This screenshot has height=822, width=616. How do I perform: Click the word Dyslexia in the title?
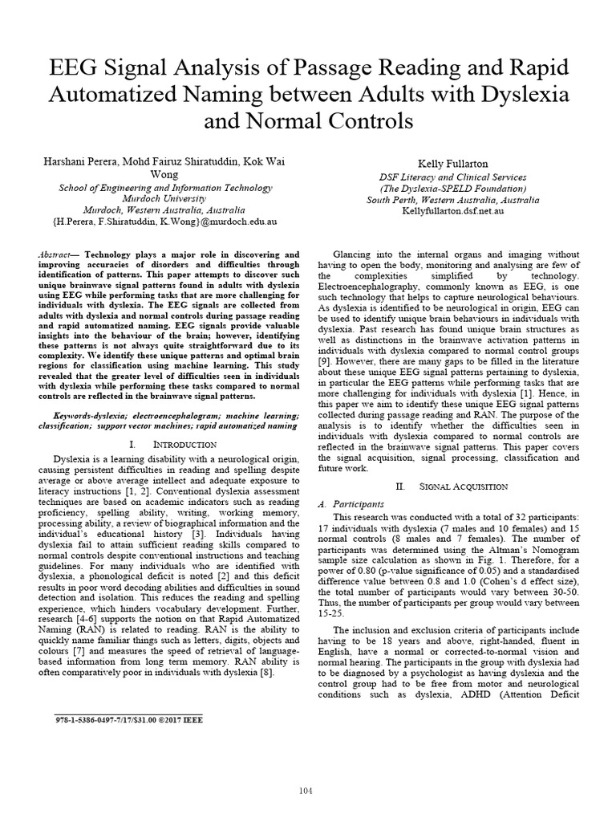(x=521, y=94)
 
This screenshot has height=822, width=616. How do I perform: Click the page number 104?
(x=306, y=769)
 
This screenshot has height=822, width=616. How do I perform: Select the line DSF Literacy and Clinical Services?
(x=452, y=177)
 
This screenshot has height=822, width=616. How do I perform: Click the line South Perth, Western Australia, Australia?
(x=452, y=200)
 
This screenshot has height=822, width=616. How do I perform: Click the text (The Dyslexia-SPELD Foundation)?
(x=452, y=189)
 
